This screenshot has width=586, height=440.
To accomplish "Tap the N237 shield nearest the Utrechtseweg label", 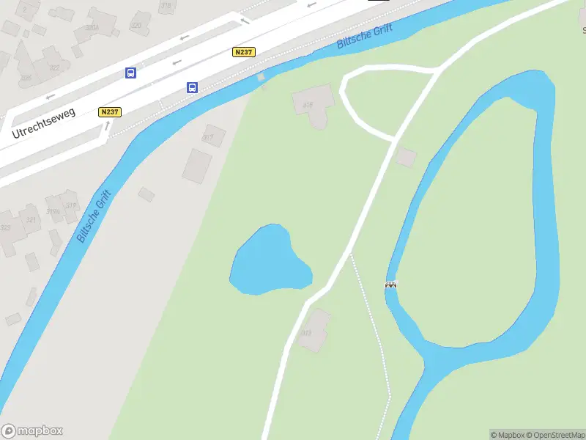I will (109, 112).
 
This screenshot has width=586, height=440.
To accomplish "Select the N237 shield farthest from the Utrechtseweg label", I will (244, 52).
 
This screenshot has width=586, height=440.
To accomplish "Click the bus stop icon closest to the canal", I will (193, 88).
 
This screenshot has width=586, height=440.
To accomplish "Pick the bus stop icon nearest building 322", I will (130, 73).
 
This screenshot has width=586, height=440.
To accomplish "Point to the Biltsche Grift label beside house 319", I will (94, 216).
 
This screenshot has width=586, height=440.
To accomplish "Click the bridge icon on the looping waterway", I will (391, 285).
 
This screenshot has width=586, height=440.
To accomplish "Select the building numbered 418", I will (308, 105).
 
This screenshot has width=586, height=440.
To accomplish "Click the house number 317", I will (209, 137).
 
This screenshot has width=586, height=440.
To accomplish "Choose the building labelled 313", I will (306, 332).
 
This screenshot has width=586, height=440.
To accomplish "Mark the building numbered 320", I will (136, 25).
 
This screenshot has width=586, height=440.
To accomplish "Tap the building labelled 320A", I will (92, 27).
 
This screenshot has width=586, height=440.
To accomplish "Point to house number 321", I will (31, 219).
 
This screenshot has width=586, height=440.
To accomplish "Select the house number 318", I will (166, 6).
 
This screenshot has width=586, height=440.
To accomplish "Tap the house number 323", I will (5, 227).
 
